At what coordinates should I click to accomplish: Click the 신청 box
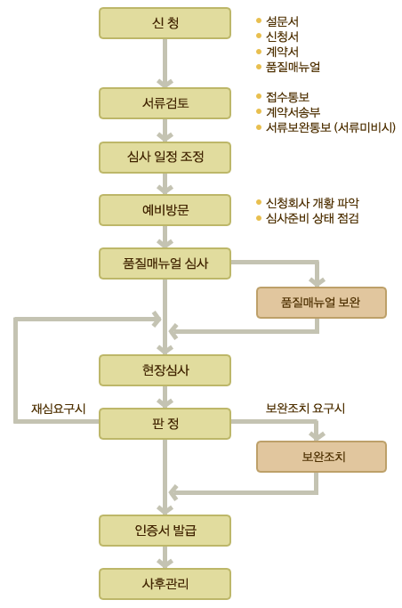[x=165, y=23]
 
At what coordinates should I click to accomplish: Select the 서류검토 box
[x=165, y=103]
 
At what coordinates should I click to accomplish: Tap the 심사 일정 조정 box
[x=165, y=157]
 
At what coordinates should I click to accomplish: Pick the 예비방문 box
[x=165, y=210]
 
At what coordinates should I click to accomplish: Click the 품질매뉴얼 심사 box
[x=165, y=263]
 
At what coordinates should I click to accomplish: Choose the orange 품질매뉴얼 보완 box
[x=321, y=303]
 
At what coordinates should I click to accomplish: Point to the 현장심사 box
[x=165, y=370]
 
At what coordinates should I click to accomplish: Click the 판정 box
[x=165, y=424]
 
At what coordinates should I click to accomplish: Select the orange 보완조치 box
[x=321, y=457]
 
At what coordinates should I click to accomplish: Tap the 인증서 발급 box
[x=165, y=531]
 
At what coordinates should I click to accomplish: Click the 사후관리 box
[x=165, y=584]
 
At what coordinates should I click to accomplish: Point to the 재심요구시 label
[x=59, y=409]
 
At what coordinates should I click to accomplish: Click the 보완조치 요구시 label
[x=305, y=408]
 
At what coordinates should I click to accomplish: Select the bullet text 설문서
[x=282, y=21]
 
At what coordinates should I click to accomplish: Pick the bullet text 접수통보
[x=288, y=97]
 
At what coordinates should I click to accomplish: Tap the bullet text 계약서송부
[x=293, y=112]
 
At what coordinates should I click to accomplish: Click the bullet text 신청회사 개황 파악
[x=312, y=203]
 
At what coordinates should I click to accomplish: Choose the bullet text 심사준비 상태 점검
[x=312, y=218]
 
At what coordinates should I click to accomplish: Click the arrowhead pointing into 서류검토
[x=165, y=84]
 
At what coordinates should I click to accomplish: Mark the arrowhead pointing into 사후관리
[x=165, y=563]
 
